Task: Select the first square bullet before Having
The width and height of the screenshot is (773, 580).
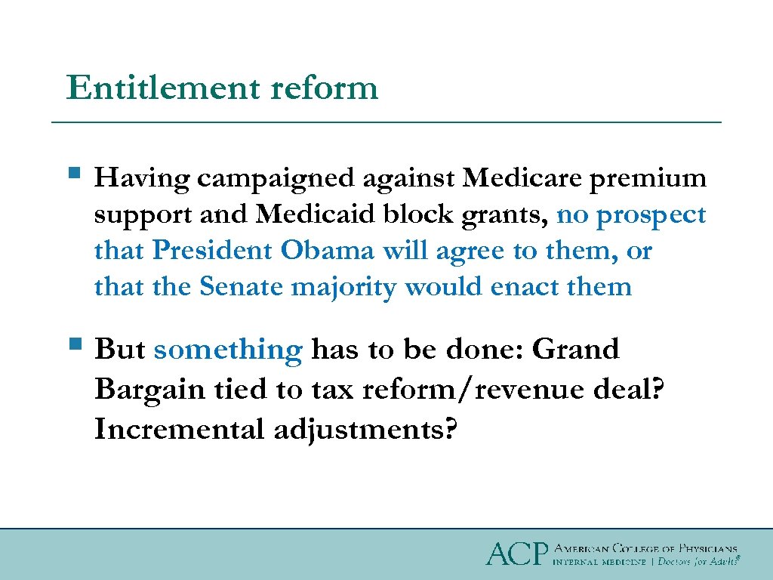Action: tap(73, 173)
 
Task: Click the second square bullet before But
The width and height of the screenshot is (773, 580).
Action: tap(73, 344)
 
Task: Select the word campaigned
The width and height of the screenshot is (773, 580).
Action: tap(276, 180)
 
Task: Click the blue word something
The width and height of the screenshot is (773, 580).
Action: tap(228, 350)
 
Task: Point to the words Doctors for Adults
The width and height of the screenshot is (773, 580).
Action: tap(698, 562)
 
